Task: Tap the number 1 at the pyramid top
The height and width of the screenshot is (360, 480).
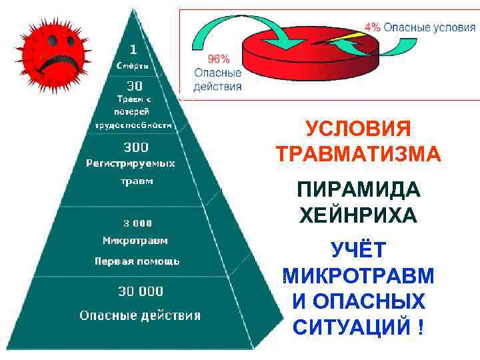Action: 133,49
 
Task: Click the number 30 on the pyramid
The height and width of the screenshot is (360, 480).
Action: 135,85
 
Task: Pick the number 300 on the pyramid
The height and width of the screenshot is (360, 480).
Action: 136,147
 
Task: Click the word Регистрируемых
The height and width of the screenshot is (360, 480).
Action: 131,163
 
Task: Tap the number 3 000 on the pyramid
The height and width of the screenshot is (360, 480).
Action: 137,223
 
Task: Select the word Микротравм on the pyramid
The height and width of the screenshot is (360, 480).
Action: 135,240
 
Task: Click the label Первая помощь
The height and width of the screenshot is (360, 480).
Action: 137,261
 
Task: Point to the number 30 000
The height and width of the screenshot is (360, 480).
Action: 141,291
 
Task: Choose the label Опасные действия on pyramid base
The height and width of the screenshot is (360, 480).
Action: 140,315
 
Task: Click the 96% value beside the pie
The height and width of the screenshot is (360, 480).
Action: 208,57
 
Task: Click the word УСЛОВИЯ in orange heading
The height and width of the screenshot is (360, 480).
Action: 359,128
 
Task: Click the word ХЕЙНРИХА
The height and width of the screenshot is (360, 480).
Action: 358,215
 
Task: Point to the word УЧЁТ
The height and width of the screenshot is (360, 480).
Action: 358,250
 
